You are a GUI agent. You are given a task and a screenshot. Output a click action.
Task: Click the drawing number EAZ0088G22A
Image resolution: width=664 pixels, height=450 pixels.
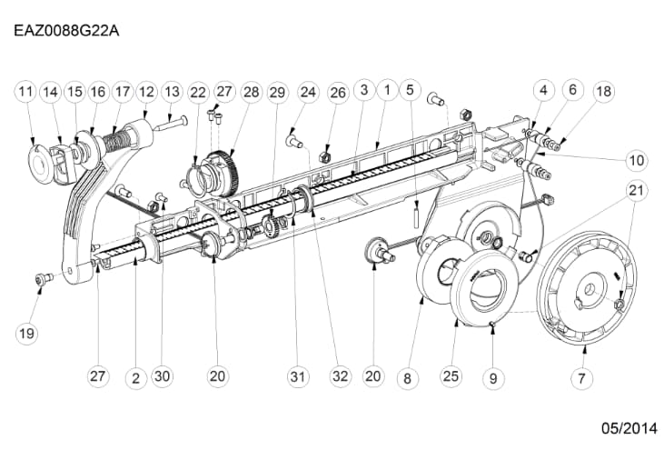click(x=66, y=31)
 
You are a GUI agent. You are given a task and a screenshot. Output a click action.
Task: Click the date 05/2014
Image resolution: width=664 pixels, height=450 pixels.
click(x=629, y=428)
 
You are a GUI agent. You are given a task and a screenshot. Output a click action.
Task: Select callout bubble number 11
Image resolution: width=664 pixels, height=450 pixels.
click(x=25, y=92)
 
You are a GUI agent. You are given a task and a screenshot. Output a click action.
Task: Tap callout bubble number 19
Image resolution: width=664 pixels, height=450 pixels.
click(x=26, y=333)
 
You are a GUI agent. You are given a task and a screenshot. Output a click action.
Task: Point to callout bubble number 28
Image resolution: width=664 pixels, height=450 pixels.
click(x=252, y=92)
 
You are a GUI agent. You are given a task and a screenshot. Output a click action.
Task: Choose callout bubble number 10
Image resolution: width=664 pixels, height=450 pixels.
click(x=637, y=160)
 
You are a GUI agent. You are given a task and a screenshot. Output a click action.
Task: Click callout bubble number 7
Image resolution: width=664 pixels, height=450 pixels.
click(x=582, y=378)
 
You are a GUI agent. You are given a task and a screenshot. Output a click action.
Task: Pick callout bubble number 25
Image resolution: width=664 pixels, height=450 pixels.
click(x=451, y=376)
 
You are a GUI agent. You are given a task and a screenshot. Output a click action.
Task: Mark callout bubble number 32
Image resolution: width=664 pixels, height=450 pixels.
click(x=341, y=376)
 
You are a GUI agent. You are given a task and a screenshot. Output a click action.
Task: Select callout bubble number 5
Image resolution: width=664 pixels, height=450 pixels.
click(x=410, y=90)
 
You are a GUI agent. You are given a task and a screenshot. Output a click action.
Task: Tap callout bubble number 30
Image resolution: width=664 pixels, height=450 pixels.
click(x=163, y=376)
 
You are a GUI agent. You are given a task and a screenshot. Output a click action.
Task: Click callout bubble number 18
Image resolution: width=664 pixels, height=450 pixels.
click(x=604, y=91)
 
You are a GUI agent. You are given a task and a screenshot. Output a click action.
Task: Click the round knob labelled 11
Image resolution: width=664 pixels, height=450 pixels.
click(x=41, y=163)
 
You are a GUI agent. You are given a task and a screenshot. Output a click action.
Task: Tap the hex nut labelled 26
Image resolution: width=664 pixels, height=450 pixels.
click(x=324, y=155)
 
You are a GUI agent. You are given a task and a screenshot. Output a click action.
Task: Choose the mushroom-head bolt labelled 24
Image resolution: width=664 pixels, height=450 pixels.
click(x=294, y=141)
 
